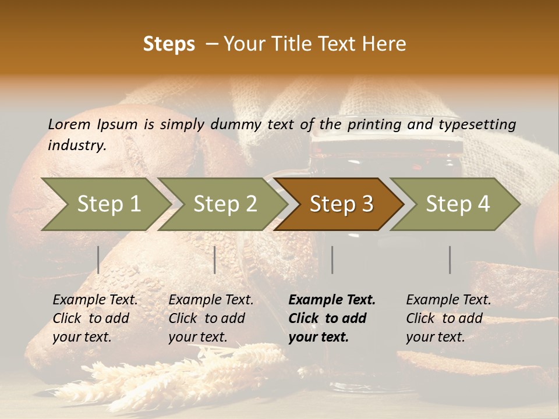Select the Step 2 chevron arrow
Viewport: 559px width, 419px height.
224,204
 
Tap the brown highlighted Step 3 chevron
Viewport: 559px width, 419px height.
341,204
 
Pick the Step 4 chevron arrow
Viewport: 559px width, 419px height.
457,204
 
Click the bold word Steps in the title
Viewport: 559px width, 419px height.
169,44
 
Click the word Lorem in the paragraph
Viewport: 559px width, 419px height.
69,124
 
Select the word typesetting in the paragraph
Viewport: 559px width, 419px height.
477,124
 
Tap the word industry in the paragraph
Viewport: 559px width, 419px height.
76,145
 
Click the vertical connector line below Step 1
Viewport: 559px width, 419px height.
98,260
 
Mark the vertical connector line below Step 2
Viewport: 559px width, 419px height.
215,260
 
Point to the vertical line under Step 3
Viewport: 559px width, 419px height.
332,260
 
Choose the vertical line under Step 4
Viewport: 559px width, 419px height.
450,260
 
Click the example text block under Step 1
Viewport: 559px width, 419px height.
95,318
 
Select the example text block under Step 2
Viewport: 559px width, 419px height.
211,318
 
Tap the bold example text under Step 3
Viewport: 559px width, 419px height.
332,318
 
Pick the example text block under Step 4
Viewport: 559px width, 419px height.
448,318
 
